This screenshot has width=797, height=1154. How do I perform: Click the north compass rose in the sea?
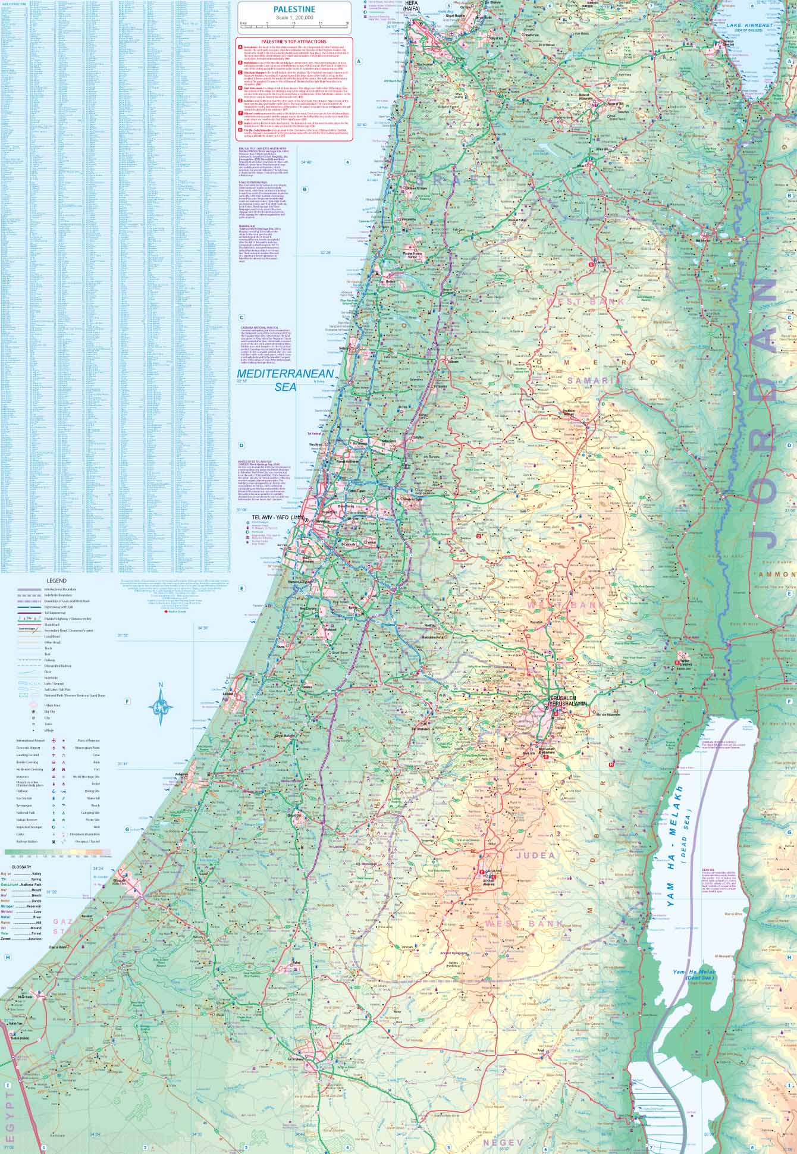click(x=162, y=706)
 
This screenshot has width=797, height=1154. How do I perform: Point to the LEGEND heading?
click(x=57, y=581)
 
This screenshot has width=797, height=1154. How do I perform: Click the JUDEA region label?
click(x=536, y=855)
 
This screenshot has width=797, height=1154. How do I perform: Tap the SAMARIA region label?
click(x=593, y=379)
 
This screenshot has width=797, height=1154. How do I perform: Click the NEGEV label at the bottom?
click(x=502, y=1143)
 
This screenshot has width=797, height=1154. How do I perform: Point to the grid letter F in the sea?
click(x=126, y=702)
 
